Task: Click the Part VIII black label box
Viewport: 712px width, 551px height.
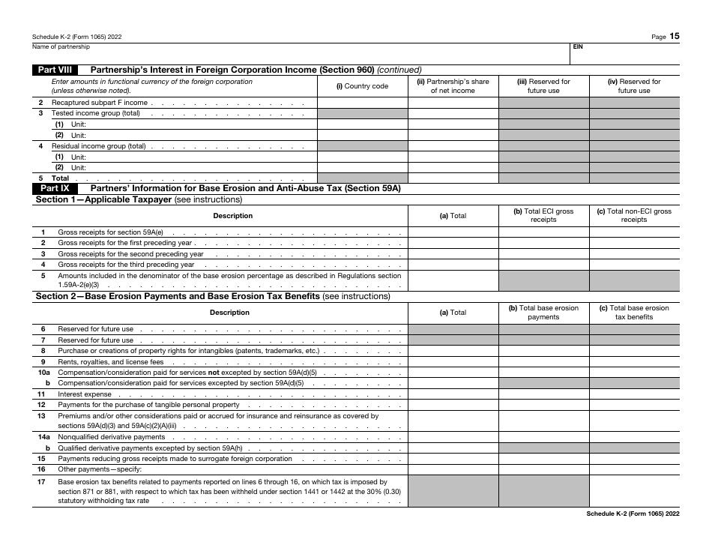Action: click(x=55, y=70)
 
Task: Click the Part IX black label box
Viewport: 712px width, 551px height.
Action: click(x=55, y=188)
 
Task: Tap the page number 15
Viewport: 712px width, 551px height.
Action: click(x=675, y=36)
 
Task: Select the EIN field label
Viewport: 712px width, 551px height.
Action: click(x=578, y=46)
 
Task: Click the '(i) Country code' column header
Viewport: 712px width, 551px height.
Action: click(x=363, y=86)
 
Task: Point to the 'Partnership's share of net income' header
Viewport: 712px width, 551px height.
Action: click(x=453, y=86)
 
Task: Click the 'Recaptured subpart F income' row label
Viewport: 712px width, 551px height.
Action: click(x=100, y=103)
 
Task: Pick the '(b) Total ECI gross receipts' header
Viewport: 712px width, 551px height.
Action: click(x=543, y=215)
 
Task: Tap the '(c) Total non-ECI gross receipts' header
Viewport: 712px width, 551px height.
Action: click(x=634, y=215)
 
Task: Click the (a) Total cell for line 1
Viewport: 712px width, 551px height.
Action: click(x=453, y=232)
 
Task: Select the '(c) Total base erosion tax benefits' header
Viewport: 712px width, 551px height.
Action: click(x=634, y=312)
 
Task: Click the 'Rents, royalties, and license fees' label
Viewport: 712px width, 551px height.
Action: click(x=111, y=361)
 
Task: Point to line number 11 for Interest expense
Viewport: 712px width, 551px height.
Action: click(x=42, y=394)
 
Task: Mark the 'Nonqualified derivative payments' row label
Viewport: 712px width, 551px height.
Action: click(x=112, y=436)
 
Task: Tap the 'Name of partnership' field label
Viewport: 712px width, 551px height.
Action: click(x=61, y=46)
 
